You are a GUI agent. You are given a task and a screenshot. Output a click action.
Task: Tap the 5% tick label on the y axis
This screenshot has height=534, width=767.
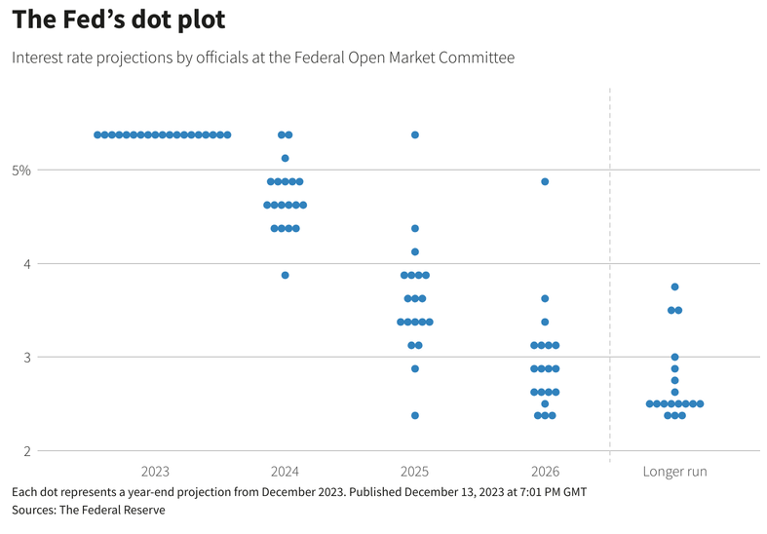click(x=21, y=171)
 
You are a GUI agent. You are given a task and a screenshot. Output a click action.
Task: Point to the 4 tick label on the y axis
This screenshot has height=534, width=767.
click(x=26, y=264)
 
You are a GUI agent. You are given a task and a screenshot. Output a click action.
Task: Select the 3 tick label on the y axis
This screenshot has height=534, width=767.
click(x=26, y=358)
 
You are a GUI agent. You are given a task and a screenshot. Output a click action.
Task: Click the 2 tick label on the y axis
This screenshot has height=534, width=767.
click(x=26, y=451)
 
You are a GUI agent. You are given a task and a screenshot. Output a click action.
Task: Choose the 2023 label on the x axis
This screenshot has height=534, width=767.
click(x=156, y=472)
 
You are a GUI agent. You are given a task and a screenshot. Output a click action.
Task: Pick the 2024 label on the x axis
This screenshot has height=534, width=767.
click(x=285, y=472)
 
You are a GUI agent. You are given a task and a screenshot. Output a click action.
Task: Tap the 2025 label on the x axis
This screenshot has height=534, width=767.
click(x=414, y=472)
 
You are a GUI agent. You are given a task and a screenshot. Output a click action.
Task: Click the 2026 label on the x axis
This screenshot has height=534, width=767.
click(x=544, y=472)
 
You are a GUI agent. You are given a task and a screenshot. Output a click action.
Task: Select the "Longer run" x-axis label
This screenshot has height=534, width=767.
click(x=674, y=472)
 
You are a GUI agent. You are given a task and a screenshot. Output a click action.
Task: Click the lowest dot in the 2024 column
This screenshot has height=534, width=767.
click(x=285, y=275)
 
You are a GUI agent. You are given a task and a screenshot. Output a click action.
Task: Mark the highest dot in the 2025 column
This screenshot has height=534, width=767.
click(x=414, y=134)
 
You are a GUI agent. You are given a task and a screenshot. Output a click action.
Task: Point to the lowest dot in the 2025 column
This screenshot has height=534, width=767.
click(x=414, y=415)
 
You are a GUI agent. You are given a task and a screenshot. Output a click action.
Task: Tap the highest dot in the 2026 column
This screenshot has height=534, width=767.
click(x=545, y=181)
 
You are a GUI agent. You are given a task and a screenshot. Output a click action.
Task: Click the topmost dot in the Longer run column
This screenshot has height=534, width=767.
click(x=674, y=286)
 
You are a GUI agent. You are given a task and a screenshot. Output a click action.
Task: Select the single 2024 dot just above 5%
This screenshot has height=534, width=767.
click(x=285, y=158)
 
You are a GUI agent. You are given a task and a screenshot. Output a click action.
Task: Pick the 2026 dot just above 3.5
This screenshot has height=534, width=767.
click(x=545, y=298)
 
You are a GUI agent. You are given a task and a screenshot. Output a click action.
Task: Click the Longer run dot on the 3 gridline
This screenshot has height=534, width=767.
click(x=674, y=357)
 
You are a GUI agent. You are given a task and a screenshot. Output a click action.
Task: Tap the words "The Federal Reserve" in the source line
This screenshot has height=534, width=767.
click(x=115, y=510)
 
